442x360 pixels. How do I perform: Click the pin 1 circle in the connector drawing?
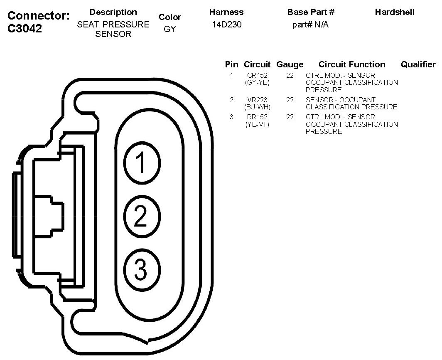pos(141,163)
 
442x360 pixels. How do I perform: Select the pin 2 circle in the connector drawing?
pos(141,216)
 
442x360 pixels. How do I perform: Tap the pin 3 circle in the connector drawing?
pos(141,269)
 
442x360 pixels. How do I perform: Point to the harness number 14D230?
pos(226,25)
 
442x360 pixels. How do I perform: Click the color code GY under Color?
pos(170,30)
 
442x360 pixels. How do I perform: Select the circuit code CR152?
pos(257,75)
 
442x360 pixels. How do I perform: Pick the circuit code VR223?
pos(257,100)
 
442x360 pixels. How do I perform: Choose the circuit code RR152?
pos(257,117)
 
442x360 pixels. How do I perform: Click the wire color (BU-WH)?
pos(257,107)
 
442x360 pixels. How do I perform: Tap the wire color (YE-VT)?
pos(257,124)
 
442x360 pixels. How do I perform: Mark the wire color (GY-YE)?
pos(257,82)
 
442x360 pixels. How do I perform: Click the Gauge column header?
pos(290,64)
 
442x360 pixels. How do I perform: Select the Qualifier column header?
pos(418,64)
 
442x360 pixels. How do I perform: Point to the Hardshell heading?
pos(395,12)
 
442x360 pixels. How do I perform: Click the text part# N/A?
pos(310,25)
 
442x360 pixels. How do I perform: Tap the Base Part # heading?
pos(311,12)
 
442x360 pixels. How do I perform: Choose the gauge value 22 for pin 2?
pos(290,100)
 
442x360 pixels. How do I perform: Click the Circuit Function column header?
pos(352,64)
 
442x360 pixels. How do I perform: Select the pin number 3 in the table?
pos(231,117)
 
